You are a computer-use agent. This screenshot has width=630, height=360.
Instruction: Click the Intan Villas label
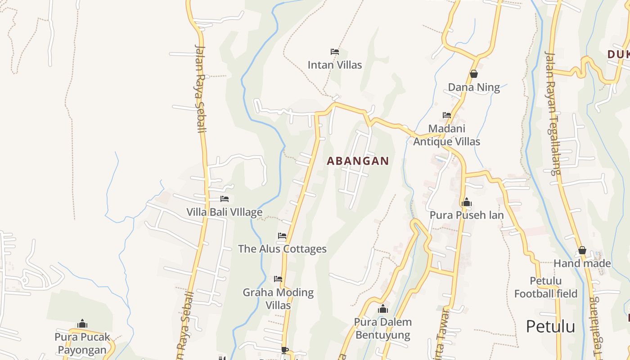pyautogui.click(x=334, y=65)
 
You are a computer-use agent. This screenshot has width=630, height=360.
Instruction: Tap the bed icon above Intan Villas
pyautogui.click(x=334, y=52)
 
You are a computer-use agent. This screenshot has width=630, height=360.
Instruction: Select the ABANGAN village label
pyautogui.click(x=358, y=161)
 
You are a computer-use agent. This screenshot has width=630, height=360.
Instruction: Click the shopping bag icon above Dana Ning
pyautogui.click(x=473, y=74)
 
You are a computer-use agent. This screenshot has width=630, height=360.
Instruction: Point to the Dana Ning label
pyautogui.click(x=473, y=87)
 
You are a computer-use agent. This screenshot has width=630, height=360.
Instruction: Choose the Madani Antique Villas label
pyautogui.click(x=446, y=135)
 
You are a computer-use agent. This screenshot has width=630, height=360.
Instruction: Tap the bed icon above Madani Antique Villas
pyautogui.click(x=446, y=115)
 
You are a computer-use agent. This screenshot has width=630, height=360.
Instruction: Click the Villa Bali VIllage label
pyautogui.click(x=224, y=212)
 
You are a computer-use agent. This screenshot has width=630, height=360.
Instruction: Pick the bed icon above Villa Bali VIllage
pyautogui.click(x=224, y=199)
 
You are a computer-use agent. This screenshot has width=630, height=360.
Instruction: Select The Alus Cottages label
pyautogui.click(x=282, y=249)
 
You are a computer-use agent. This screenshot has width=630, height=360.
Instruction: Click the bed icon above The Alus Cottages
pyautogui.click(x=282, y=236)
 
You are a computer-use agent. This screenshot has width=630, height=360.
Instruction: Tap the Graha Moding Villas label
pyautogui.click(x=278, y=298)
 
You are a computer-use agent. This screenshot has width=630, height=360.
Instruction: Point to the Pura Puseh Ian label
pyautogui.click(x=467, y=215)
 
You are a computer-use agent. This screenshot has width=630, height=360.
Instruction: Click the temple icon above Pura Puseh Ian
pyautogui.click(x=466, y=202)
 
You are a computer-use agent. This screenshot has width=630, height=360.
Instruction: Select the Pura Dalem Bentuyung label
pyautogui.click(x=382, y=328)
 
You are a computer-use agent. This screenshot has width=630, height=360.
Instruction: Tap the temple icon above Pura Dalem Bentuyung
pyautogui.click(x=383, y=309)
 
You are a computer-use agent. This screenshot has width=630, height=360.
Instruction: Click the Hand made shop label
pyautogui.click(x=582, y=263)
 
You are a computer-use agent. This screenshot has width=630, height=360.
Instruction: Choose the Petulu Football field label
pyautogui.click(x=545, y=288)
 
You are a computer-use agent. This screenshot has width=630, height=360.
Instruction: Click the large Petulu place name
pyautogui.click(x=550, y=326)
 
